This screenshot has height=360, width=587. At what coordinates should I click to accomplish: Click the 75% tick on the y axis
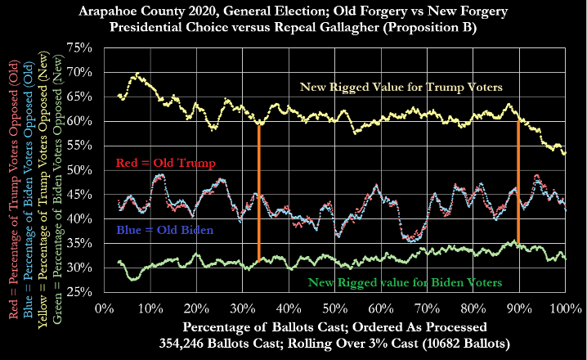coord(104,47)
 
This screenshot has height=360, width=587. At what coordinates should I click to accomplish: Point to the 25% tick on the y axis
coord(104,292)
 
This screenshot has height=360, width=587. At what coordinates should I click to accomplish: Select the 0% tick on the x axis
coord(104,292)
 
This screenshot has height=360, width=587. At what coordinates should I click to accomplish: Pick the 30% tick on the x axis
coord(242,292)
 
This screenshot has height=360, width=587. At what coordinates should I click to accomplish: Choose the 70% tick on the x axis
coord(427,292)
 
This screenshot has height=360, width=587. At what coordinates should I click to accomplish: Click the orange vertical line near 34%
coord(259,192)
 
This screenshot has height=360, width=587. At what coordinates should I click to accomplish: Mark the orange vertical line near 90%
coord(518,184)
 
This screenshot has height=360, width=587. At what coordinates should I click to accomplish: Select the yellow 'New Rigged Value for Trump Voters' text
coord(401,87)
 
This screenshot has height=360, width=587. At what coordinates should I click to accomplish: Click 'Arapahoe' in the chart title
coord(142,12)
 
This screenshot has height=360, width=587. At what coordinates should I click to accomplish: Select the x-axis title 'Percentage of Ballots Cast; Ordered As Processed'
coord(334,326)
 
